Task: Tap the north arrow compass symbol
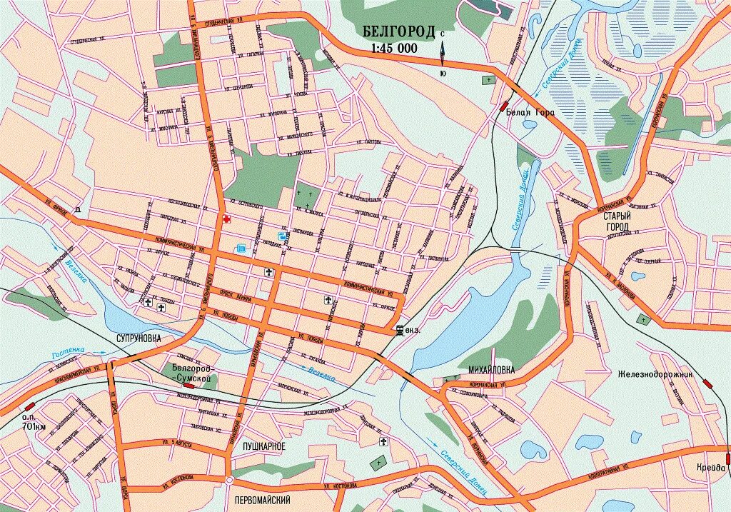click(443, 53)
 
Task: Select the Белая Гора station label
click(530, 112)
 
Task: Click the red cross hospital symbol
click(226, 219)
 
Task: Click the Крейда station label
click(711, 468)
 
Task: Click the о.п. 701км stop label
click(34, 422)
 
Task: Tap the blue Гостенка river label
click(68, 351)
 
